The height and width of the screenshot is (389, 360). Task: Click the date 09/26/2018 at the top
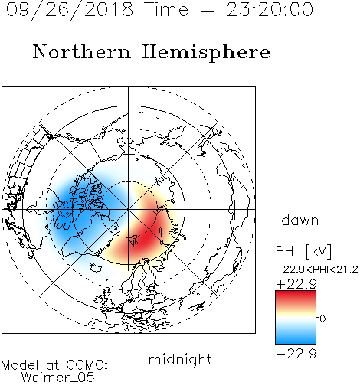(70, 9)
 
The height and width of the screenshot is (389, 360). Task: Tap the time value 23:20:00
(270, 9)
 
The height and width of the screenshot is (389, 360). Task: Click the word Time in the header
(166, 9)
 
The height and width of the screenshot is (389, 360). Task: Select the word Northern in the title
(82, 52)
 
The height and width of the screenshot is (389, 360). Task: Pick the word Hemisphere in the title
(206, 53)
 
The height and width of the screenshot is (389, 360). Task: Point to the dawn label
(300, 220)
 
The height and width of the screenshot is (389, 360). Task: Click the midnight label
(180, 360)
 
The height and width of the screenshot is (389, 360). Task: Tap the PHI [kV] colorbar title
(303, 251)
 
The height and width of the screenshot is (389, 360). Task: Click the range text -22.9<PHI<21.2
(317, 270)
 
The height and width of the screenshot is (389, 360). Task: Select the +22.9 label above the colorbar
(296, 284)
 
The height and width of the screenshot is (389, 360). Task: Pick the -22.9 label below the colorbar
(296, 354)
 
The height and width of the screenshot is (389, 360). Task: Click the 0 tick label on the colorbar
(322, 319)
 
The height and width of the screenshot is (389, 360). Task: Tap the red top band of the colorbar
(296, 296)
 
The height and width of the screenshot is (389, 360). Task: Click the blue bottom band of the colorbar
(296, 339)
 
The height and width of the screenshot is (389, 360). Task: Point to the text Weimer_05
(58, 378)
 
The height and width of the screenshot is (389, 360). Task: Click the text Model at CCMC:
(54, 365)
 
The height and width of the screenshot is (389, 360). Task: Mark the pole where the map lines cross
(128, 209)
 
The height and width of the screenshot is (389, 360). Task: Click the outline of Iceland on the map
(96, 267)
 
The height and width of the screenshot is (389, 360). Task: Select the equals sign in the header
(208, 10)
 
